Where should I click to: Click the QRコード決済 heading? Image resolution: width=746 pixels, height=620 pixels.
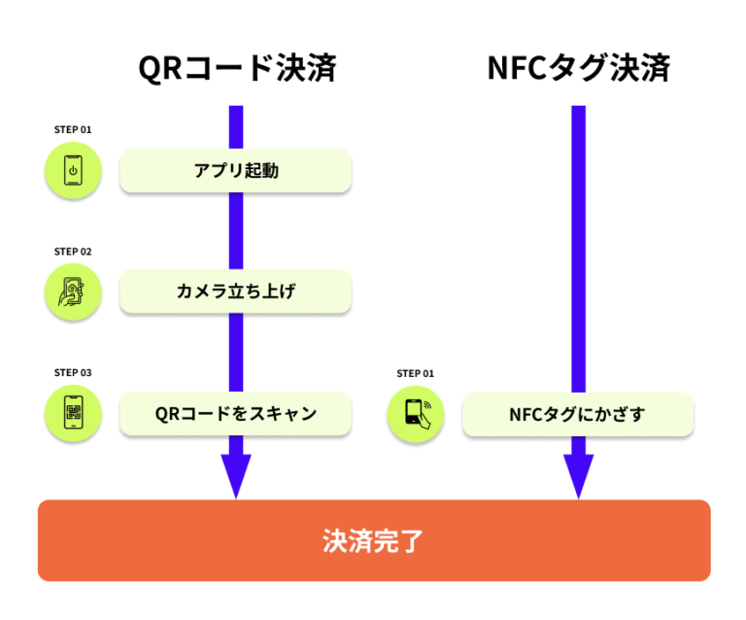pos(236,68)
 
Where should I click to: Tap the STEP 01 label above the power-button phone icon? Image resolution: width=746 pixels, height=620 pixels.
pos(73,129)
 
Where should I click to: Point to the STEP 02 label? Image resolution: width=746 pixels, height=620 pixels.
pos(73,252)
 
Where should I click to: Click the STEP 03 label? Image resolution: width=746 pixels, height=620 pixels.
pos(73,372)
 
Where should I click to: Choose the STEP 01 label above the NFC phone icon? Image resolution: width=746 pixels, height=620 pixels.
pos(415,373)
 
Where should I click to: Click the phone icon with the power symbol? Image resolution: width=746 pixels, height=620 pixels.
pos(73,171)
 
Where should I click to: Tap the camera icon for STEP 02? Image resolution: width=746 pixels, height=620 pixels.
pos(73,293)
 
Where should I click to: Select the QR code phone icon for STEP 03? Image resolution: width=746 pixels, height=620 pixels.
pos(73,414)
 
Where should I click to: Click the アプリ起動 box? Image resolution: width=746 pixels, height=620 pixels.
pos(235,171)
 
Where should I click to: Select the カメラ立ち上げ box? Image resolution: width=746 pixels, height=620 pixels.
pos(235,292)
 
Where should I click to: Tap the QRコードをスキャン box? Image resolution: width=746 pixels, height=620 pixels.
pos(235,414)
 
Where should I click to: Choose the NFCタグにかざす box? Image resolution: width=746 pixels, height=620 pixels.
pos(577,415)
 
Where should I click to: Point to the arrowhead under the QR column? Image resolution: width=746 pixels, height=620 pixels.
pos(236,474)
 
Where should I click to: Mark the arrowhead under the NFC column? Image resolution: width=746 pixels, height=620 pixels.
pos(578,474)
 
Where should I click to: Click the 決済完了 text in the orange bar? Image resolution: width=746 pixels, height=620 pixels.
pos(373,540)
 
